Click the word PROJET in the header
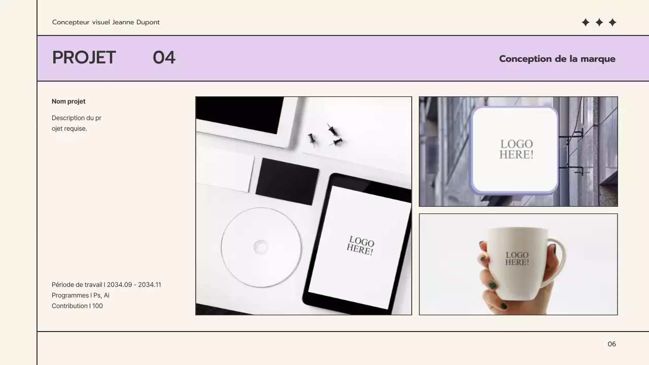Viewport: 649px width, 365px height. [84, 58]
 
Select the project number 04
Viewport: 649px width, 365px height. [164, 58]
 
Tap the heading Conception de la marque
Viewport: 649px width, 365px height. [557, 59]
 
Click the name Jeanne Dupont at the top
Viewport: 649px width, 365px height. [136, 22]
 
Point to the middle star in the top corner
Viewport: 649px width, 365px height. [599, 22]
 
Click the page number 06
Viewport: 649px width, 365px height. [611, 344]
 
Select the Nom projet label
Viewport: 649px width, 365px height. [68, 101]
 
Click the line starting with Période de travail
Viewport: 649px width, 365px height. [106, 285]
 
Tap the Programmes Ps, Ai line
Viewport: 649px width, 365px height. [80, 296]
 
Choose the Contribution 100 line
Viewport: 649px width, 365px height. [77, 306]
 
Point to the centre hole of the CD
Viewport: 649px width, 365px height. [261, 247]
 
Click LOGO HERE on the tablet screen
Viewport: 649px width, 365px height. [360, 245]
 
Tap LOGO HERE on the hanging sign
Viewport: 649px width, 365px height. [516, 150]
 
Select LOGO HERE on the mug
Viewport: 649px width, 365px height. [517, 259]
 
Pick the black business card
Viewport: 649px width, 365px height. [286, 181]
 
